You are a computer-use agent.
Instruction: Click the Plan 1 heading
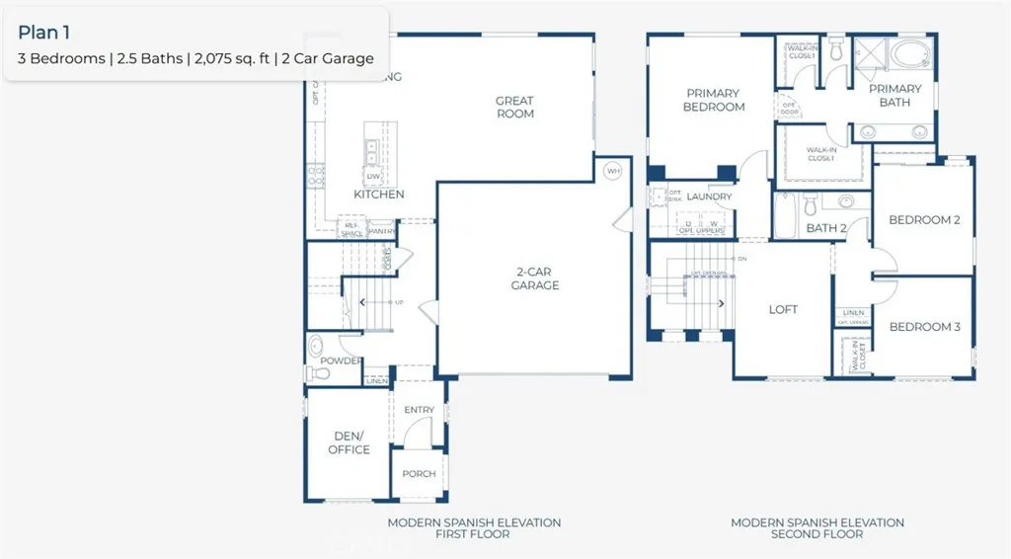pyautogui.click(x=43, y=33)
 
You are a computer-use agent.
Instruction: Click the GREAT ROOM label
pyautogui.click(x=514, y=107)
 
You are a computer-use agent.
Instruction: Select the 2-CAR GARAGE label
pyautogui.click(x=535, y=279)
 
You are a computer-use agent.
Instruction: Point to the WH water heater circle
pyautogui.click(x=613, y=171)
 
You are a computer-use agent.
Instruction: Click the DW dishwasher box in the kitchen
pyautogui.click(x=374, y=177)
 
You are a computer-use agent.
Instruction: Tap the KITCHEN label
pyautogui.click(x=378, y=195)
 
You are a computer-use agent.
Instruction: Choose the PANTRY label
pyautogui.click(x=382, y=232)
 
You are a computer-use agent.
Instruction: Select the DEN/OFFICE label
pyautogui.click(x=349, y=442)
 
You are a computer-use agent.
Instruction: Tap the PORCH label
pyautogui.click(x=419, y=474)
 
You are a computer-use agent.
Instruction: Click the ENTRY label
pyautogui.click(x=419, y=410)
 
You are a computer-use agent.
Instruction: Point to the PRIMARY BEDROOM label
pyautogui.click(x=713, y=100)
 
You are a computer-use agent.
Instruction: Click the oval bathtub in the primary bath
pyautogui.click(x=904, y=53)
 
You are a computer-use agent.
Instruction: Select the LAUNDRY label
pyautogui.click(x=710, y=197)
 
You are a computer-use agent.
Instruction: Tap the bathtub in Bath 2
pyautogui.click(x=785, y=216)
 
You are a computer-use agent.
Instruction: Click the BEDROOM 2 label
pyautogui.click(x=924, y=220)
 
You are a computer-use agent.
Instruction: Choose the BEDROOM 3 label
pyautogui.click(x=924, y=327)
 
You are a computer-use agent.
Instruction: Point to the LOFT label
pyautogui.click(x=783, y=309)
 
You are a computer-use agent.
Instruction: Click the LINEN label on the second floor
pyautogui.click(x=854, y=312)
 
